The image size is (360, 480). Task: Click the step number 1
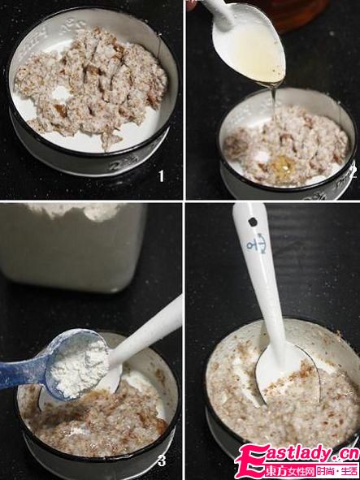(x=161, y=175)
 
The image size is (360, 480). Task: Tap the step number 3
(x=162, y=461)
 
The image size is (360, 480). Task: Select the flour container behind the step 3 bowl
(x=73, y=244)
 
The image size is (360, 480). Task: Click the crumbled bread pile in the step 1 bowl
(x=89, y=81)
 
